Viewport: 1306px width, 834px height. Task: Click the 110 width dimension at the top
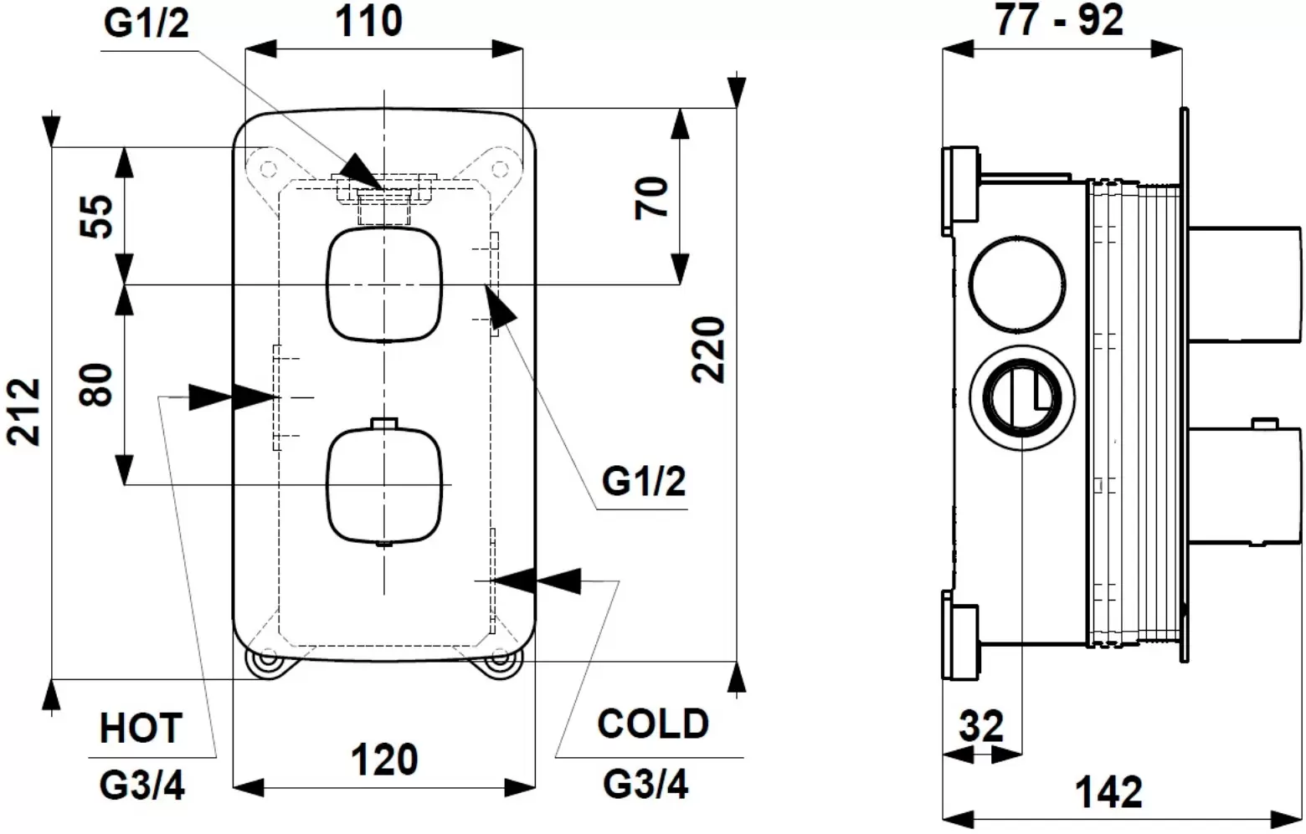tap(368, 21)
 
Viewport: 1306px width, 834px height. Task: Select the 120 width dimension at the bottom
tap(384, 760)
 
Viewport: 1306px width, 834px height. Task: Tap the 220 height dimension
tap(711, 349)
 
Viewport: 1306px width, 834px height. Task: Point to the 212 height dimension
tap(25, 412)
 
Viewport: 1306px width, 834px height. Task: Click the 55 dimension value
tap(99, 217)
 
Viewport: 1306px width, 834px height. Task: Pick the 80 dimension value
tap(99, 385)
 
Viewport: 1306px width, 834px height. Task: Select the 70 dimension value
tap(654, 197)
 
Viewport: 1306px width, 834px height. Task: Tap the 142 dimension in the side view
tap(1108, 791)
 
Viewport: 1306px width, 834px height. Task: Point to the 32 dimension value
tap(980, 726)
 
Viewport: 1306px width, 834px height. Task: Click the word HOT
tap(141, 728)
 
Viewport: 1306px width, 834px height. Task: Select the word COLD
tap(653, 724)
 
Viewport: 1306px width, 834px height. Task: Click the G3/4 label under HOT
tap(142, 785)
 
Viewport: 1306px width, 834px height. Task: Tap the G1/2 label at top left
tap(147, 24)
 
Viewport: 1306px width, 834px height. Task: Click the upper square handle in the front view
tap(384, 284)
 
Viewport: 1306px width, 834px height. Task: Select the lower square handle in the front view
tap(384, 484)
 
